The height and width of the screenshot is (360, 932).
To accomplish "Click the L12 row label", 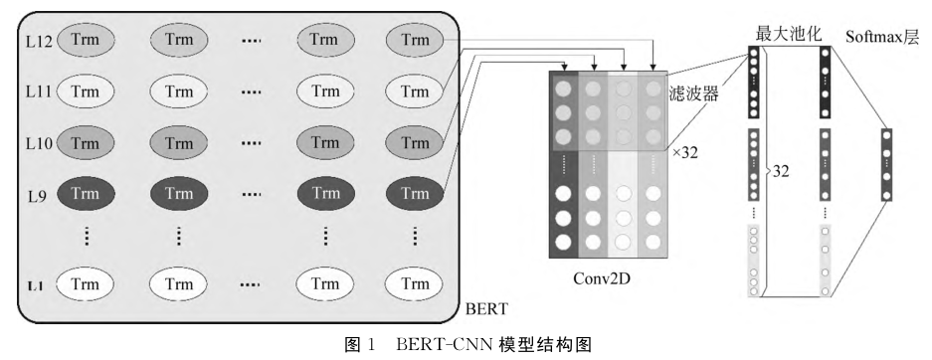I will point(38,41).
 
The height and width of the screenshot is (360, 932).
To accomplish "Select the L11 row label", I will point(38,92).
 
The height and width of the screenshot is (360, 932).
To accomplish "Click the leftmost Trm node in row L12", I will point(86,40).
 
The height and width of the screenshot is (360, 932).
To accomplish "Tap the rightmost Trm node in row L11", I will point(415,92).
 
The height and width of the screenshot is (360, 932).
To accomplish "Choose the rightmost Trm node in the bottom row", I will point(415,285).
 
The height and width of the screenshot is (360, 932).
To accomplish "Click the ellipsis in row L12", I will point(252,41).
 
